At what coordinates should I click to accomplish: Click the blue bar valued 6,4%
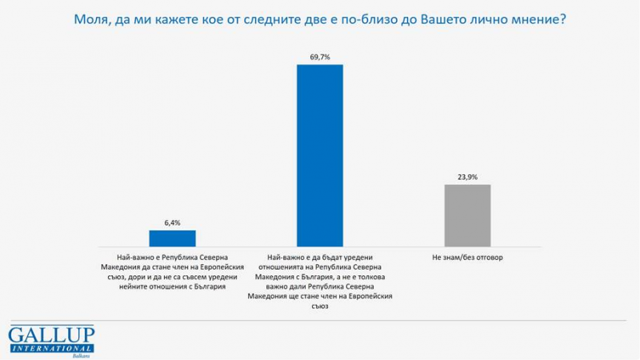173,238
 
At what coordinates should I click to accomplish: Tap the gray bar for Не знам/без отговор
467,214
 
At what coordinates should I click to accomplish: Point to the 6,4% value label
173,222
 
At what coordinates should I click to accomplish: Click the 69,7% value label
320,55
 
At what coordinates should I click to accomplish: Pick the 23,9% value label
467,177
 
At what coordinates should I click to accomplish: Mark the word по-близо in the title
362,19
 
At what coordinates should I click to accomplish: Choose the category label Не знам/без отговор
467,257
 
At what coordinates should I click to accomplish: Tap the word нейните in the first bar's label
135,286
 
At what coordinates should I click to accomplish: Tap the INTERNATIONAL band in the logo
52,348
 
